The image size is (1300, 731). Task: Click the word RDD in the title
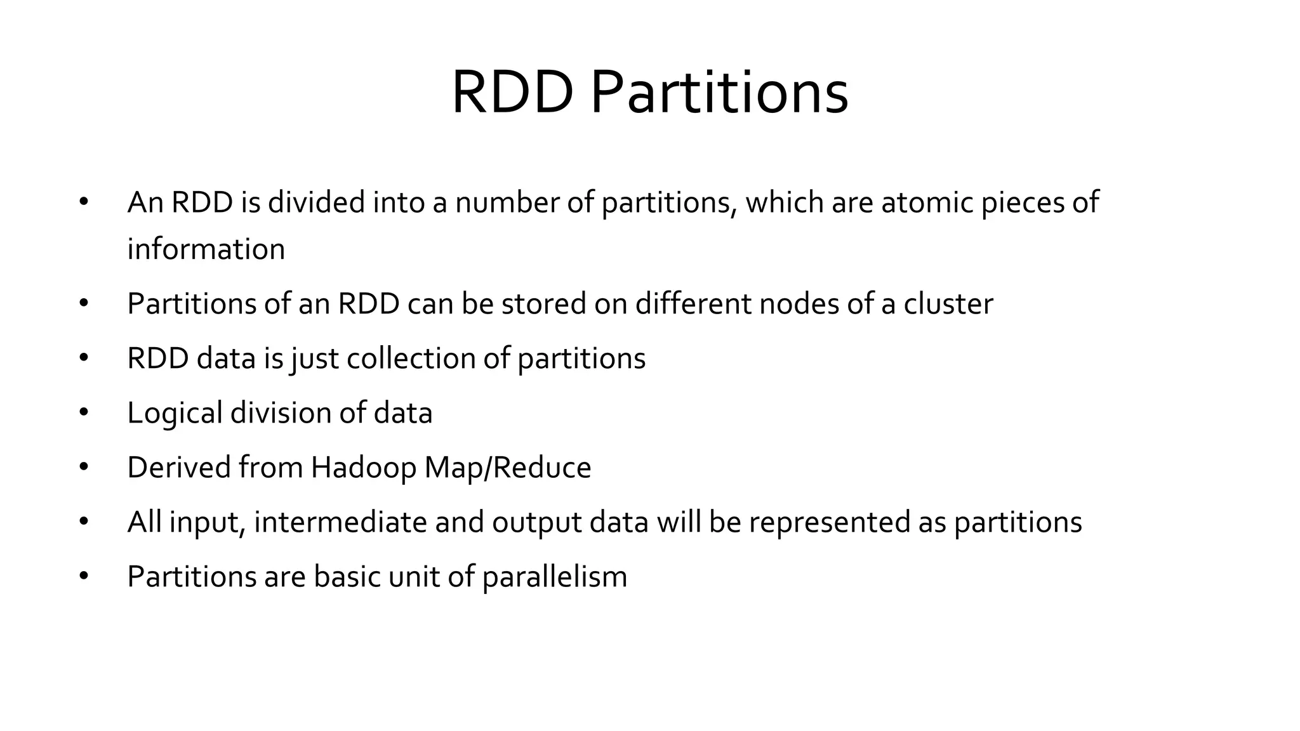tap(512, 93)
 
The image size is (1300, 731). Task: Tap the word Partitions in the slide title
tap(719, 93)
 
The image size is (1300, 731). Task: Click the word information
tap(206, 249)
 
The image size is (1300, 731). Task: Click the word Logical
tap(175, 413)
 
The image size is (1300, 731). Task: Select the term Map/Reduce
tap(508, 468)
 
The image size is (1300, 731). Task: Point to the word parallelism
tap(555, 577)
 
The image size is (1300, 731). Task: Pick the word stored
tap(544, 303)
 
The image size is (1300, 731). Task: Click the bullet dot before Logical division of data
tap(84, 413)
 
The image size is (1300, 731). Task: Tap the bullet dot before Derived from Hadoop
tap(84, 468)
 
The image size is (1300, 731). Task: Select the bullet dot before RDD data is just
tap(84, 358)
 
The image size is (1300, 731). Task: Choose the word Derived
tap(179, 468)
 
